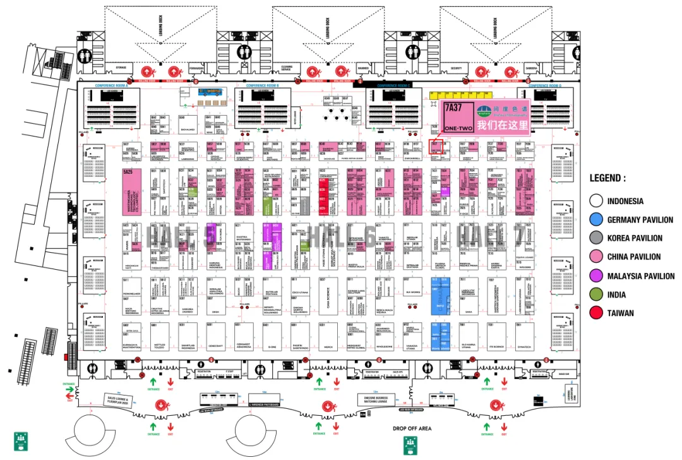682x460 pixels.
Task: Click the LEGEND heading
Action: [607, 179]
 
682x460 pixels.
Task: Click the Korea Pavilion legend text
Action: [635, 238]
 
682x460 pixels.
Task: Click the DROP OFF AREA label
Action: [411, 428]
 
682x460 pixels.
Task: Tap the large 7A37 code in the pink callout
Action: [453, 108]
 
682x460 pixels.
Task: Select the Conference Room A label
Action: [112, 85]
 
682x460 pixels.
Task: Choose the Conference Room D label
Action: [544, 85]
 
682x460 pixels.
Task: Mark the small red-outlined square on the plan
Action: [434, 146]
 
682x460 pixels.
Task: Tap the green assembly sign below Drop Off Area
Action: [409, 445]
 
